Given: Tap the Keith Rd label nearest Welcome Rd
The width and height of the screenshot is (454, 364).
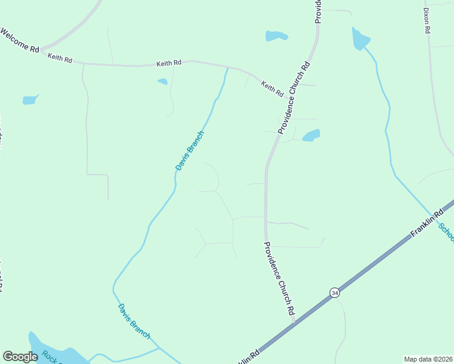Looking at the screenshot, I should click(60, 59).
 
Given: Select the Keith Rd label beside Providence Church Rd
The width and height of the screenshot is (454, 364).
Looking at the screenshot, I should click(272, 89).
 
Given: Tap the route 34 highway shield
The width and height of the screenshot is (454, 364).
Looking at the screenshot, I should click(334, 292).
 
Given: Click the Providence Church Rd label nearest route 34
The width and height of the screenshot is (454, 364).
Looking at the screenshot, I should click(279, 278).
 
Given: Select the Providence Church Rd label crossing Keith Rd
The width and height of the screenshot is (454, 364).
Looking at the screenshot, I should click(294, 97).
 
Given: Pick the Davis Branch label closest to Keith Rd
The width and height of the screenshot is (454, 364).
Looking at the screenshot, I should click(189, 150).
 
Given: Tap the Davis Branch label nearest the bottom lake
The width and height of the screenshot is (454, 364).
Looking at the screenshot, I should click(134, 321).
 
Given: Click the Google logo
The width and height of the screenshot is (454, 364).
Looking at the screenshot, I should click(20, 357).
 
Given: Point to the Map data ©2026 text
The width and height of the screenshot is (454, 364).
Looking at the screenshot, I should click(428, 359).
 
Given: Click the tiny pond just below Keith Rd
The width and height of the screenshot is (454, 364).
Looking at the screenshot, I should click(162, 81).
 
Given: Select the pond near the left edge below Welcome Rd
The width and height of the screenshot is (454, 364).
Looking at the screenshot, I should click(30, 100).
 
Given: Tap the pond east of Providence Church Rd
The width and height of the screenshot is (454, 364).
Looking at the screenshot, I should click(311, 135).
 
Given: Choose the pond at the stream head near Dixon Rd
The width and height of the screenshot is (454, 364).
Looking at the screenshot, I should click(360, 39).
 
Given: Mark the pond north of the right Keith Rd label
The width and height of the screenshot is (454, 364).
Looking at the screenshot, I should click(276, 36).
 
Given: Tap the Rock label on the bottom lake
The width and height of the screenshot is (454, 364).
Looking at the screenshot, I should click(49, 356).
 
